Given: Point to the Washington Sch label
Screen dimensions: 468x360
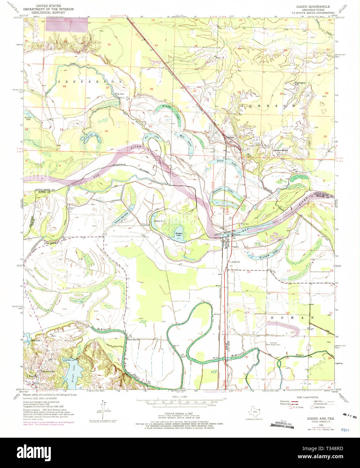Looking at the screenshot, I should click(x=300, y=83).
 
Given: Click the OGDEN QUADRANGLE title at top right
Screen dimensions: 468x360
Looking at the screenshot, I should click(x=313, y=7).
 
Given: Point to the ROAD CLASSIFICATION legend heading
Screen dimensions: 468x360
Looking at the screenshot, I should click(x=302, y=397).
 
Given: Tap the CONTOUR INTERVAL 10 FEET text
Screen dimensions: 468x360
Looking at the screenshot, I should click(x=180, y=413).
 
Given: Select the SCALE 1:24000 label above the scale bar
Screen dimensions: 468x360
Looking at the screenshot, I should click(x=180, y=397).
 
